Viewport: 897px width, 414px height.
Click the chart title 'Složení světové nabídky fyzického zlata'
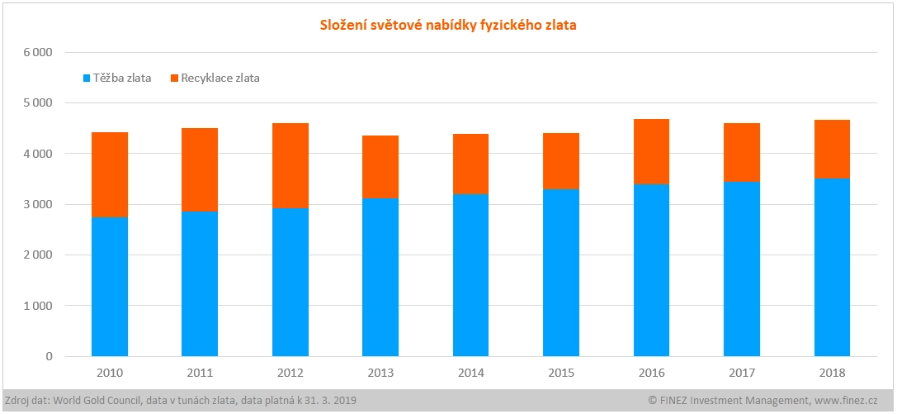tap(448, 25)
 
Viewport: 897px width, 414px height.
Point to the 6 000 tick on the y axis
tap(37, 52)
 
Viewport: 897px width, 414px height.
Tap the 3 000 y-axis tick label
tap(37, 204)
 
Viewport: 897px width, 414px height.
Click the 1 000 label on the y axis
tap(37, 306)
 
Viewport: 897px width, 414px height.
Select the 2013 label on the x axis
tap(380, 373)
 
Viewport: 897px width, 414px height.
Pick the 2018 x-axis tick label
tap(832, 373)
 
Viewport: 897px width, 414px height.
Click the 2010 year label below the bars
tap(110, 373)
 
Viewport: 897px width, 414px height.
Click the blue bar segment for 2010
tap(110, 286)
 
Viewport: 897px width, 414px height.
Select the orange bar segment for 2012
tap(290, 165)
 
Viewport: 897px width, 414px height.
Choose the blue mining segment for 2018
tap(832, 267)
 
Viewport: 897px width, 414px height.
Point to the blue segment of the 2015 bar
tap(561, 273)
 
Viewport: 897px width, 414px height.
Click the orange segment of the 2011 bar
tap(200, 169)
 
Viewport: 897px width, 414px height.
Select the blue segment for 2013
tap(380, 277)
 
